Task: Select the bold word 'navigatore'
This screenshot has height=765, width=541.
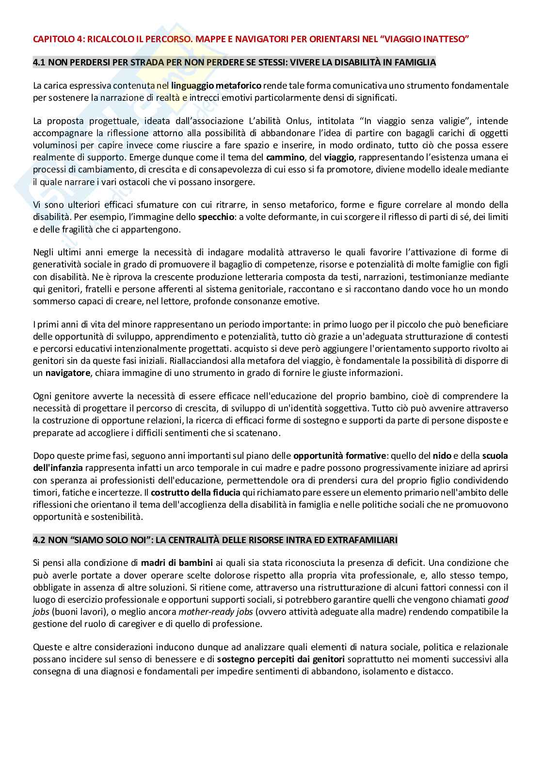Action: pyautogui.click(x=68, y=373)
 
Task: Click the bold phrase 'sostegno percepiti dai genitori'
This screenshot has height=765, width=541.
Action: pyautogui.click(x=281, y=659)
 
